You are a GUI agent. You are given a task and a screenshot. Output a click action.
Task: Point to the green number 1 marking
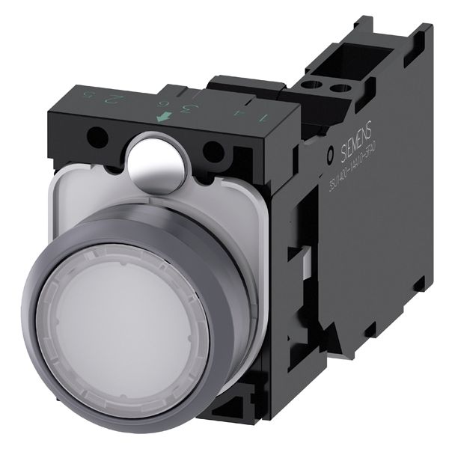262,117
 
